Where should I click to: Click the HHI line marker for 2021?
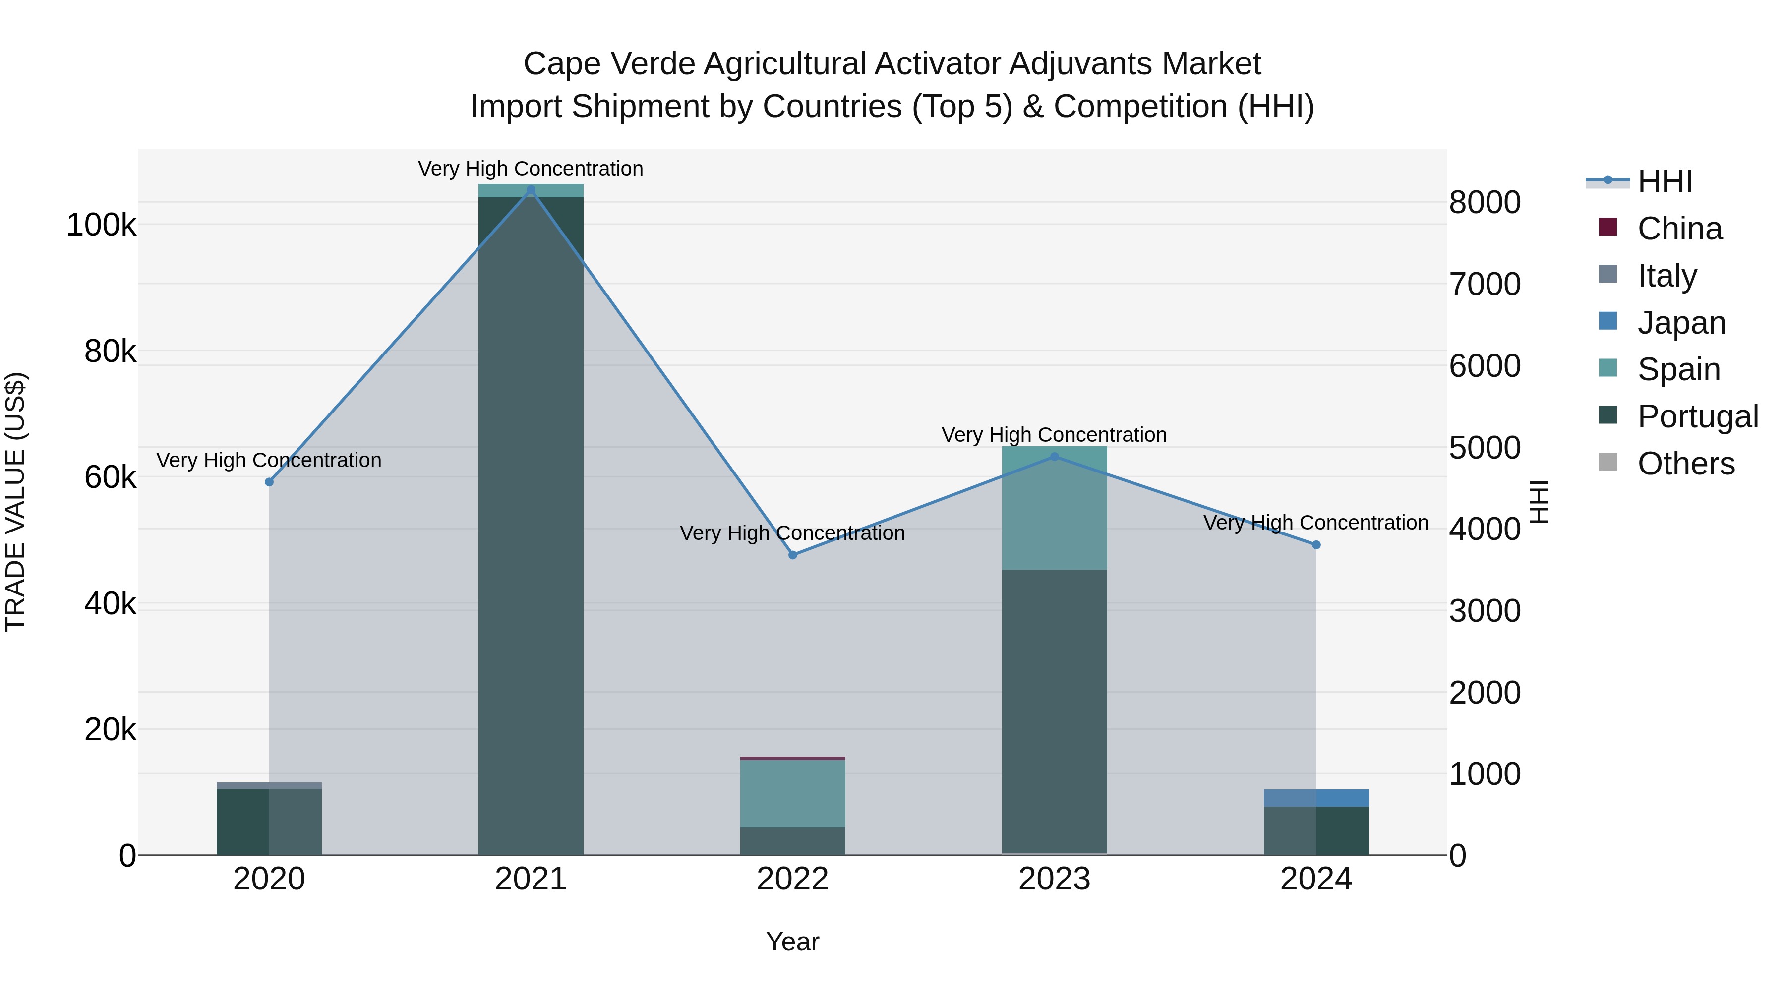pyautogui.click(x=531, y=190)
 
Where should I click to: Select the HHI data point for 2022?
pyautogui.click(x=793, y=555)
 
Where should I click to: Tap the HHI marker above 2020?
pyautogui.click(x=270, y=482)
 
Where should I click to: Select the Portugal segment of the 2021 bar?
pyautogui.click(x=531, y=527)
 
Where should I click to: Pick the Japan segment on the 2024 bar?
pyautogui.click(x=1316, y=798)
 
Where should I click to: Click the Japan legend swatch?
pyautogui.click(x=1607, y=321)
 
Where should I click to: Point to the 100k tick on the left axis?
pyautogui.click(x=101, y=225)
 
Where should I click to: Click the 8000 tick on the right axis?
pyautogui.click(x=1484, y=203)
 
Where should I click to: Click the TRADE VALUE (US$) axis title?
pyautogui.click(x=15, y=502)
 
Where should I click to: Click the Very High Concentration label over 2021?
pyautogui.click(x=531, y=169)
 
